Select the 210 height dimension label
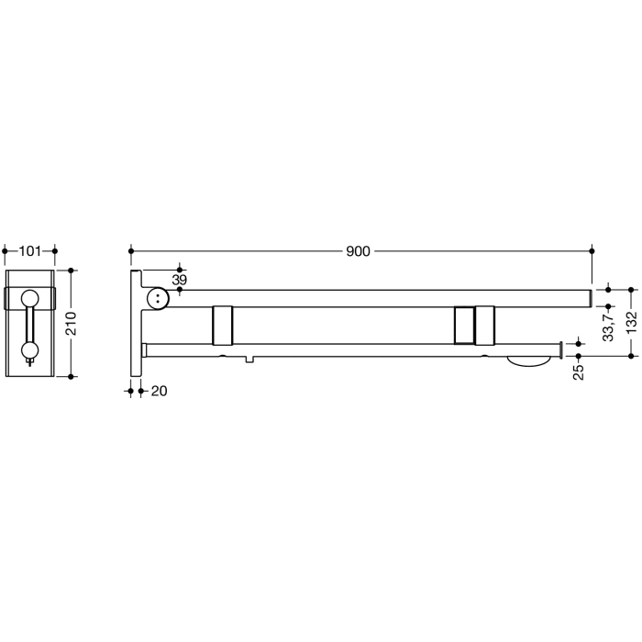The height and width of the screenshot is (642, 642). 77,323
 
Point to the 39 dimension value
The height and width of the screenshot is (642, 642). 180,279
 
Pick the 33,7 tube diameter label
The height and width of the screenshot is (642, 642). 609,323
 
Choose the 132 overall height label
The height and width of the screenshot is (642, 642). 632,323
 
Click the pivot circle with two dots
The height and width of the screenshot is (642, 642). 158,297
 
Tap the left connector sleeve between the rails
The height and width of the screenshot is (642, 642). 223,323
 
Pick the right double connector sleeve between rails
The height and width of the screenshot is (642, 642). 475,323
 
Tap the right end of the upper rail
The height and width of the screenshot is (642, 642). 587,297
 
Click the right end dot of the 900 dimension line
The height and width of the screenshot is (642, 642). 592,249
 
